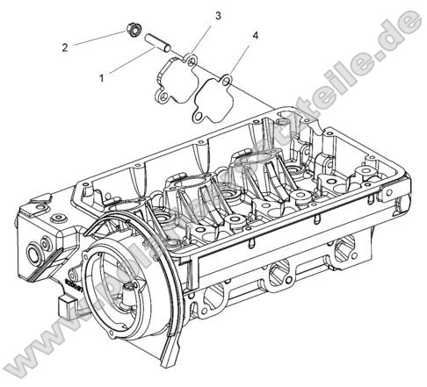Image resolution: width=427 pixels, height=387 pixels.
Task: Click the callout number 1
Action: click(x=102, y=78)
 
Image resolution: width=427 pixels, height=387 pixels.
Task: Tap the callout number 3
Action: click(x=218, y=16)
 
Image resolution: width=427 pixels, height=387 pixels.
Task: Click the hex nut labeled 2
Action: click(x=133, y=31)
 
